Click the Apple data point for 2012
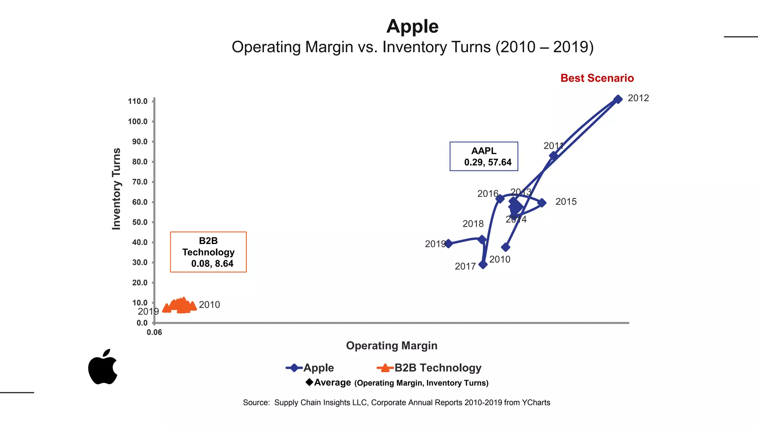point(618,99)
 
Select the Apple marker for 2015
point(542,203)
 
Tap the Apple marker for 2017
point(483,264)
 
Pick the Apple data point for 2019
point(448,243)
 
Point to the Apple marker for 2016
point(500,199)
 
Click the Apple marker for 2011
point(553,156)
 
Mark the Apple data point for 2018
point(482,239)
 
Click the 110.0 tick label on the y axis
point(138,101)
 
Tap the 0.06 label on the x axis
point(154,332)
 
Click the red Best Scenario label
point(597,78)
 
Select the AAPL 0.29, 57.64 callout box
point(484,156)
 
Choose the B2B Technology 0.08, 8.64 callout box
point(208,252)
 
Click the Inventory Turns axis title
point(116,189)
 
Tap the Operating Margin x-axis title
point(392,346)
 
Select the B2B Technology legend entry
point(429,368)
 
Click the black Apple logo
point(103,367)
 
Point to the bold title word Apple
point(412,27)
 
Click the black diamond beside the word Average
point(309,382)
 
